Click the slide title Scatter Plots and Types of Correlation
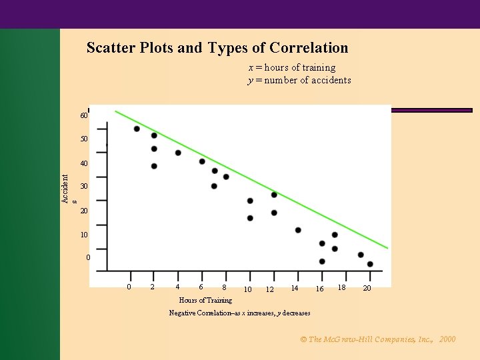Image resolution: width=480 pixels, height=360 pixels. pyautogui.click(x=217, y=48)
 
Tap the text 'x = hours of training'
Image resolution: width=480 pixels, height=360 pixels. pyautogui.click(x=292, y=67)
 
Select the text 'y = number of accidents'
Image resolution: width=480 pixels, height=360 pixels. pyautogui.click(x=299, y=80)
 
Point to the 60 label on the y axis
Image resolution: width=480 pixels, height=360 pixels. pyautogui.click(x=84, y=116)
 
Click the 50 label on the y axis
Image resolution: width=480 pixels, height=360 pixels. pyautogui.click(x=84, y=139)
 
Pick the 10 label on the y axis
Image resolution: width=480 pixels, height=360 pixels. pyautogui.click(x=84, y=235)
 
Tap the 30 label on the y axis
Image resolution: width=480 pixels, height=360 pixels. pyautogui.click(x=84, y=187)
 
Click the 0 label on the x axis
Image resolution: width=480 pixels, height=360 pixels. pyautogui.click(x=129, y=287)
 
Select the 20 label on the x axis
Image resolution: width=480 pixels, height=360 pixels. pyautogui.click(x=367, y=288)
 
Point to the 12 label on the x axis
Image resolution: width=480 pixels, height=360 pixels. pyautogui.click(x=269, y=289)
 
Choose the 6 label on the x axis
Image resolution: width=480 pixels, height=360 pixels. pyautogui.click(x=201, y=287)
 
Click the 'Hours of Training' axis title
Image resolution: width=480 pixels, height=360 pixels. pyautogui.click(x=205, y=300)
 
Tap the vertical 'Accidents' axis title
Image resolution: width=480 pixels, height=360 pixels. pyautogui.click(x=67, y=189)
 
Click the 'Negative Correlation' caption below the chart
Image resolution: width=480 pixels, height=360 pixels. pyautogui.click(x=239, y=313)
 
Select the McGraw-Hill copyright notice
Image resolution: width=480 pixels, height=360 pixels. pyautogui.click(x=378, y=339)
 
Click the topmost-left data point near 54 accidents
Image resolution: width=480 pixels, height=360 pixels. pyautogui.click(x=137, y=129)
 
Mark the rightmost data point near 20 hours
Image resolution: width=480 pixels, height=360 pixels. pyautogui.click(x=370, y=264)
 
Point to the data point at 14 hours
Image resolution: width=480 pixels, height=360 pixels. pyautogui.click(x=298, y=230)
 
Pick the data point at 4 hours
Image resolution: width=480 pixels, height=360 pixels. pyautogui.click(x=178, y=153)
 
